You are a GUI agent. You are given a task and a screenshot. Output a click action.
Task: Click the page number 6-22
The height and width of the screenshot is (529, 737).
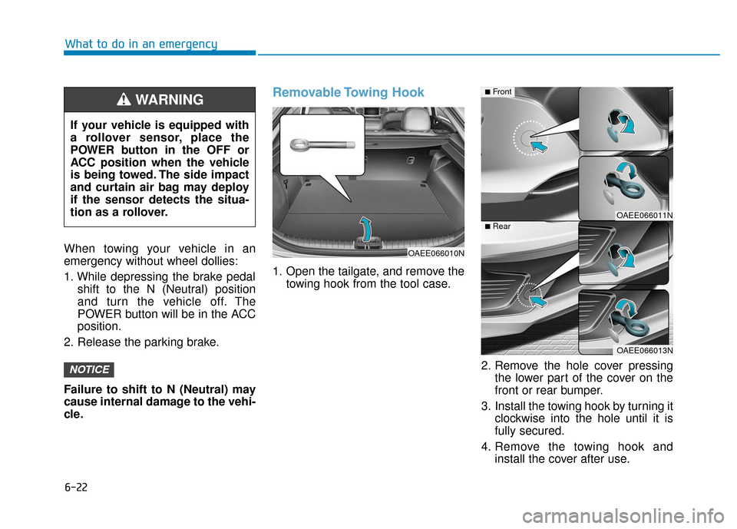[x=75, y=488]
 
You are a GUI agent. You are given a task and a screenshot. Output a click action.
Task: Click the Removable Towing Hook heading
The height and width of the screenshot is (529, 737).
[x=348, y=92]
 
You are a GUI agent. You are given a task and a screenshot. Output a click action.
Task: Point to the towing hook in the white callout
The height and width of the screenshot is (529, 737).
[x=321, y=144]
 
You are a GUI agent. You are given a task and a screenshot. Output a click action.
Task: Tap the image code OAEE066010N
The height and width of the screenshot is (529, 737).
[x=435, y=252]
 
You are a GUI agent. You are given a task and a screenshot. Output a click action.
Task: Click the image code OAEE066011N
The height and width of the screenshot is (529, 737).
[x=643, y=216]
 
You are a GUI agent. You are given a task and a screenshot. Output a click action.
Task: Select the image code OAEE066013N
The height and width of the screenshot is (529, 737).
[x=643, y=350]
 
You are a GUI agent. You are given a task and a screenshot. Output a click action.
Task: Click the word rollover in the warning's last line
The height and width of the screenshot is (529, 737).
[x=144, y=212]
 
